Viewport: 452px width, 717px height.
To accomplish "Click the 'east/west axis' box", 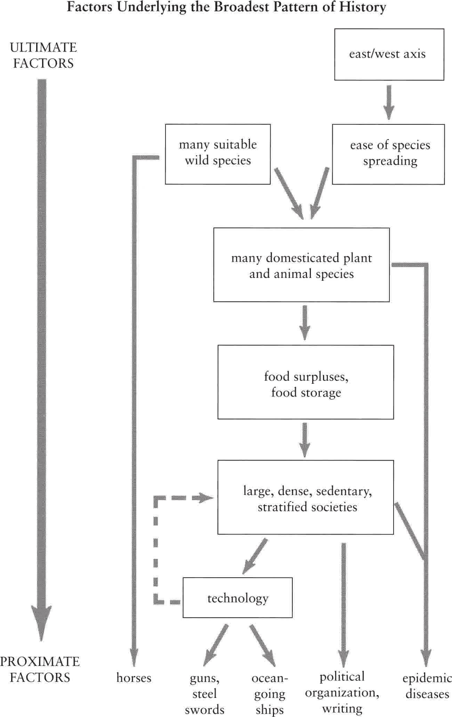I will point(389,54).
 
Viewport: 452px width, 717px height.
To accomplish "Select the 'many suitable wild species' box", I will point(218,154).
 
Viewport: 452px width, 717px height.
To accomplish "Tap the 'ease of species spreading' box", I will point(388,154).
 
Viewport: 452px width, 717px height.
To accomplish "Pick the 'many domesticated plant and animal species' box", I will point(301,265).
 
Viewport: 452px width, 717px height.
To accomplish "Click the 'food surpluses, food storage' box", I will point(306,382).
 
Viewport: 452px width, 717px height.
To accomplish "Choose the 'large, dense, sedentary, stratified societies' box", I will point(306,497).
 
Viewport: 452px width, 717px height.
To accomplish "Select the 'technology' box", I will point(237,598).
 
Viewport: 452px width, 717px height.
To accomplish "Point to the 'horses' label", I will point(134,678).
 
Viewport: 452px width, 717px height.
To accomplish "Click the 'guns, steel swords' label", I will point(204,693).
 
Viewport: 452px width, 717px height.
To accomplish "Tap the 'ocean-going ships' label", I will point(270,693).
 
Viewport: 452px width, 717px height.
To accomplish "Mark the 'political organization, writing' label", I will point(342,692).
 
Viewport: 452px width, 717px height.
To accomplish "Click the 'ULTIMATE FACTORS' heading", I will point(43,55).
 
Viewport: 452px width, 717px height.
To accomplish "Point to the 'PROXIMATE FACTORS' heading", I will point(40,669).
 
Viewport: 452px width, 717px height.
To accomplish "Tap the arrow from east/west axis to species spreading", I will point(389,103).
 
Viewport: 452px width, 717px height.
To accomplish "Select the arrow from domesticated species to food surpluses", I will point(305,323).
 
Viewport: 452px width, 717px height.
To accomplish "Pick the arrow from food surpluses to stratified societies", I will point(305,440).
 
